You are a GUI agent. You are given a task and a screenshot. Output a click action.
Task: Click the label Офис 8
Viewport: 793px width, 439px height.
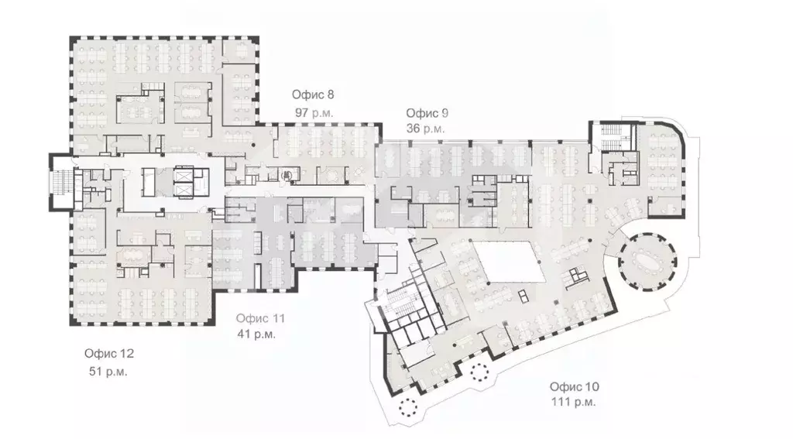pyautogui.click(x=313, y=95)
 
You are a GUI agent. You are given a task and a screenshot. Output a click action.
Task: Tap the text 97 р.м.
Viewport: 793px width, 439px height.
pyautogui.click(x=313, y=112)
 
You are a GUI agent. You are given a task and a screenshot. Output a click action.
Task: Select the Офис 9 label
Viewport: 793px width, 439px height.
pyautogui.click(x=427, y=112)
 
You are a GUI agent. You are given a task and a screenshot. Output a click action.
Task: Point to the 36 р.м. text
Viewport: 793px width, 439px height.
pyautogui.click(x=425, y=129)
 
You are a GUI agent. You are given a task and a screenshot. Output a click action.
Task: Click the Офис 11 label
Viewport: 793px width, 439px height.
pyautogui.click(x=261, y=318)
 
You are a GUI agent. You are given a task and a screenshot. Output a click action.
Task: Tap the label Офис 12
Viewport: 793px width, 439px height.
pyautogui.click(x=109, y=354)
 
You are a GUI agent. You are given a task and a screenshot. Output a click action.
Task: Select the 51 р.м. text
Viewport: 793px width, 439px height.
pyautogui.click(x=108, y=371)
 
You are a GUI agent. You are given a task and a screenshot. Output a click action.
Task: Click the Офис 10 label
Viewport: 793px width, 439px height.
pyautogui.click(x=574, y=386)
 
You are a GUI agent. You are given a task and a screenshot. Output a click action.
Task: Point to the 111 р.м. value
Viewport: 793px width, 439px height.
pyautogui.click(x=573, y=403)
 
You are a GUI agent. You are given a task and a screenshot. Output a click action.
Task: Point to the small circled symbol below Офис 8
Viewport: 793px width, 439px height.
pyautogui.click(x=286, y=175)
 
